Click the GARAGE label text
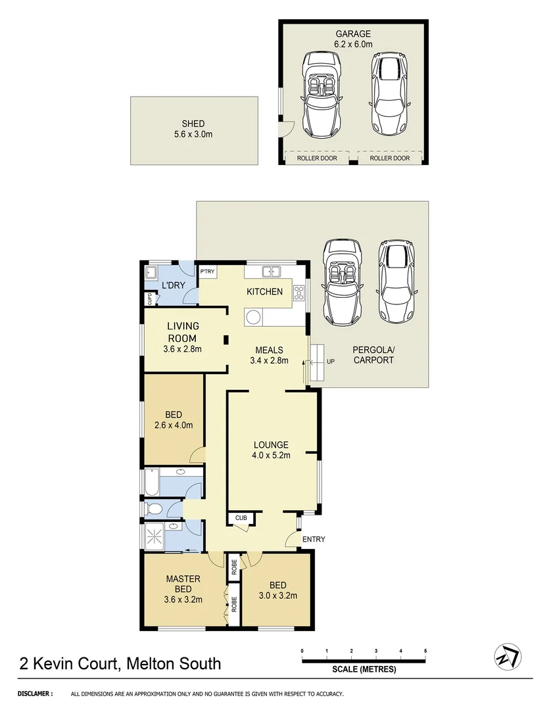pos(354,34)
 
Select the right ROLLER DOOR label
pos(389,158)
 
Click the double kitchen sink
pos(270,271)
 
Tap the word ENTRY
pos(314,540)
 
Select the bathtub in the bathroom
pos(152,482)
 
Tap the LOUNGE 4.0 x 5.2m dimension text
pos(272,454)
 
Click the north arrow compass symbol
pos(507,656)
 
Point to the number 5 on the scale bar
pos(425,651)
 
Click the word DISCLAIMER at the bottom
pos(35,694)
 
